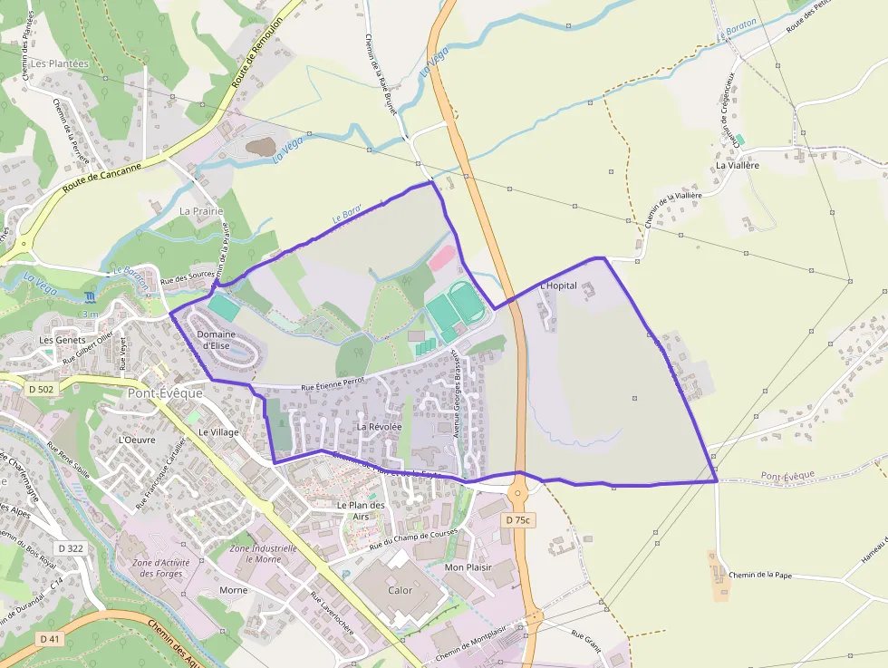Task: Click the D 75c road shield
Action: click(x=519, y=519)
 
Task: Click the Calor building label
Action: click(x=400, y=590)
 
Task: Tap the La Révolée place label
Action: click(x=379, y=426)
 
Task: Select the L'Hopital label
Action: click(x=557, y=286)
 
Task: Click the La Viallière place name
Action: click(x=737, y=166)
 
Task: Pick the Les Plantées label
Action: click(x=60, y=63)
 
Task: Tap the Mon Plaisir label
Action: click(x=468, y=567)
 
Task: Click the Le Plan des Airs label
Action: click(x=361, y=510)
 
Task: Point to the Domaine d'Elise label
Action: click(x=215, y=340)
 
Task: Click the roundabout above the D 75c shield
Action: click(x=519, y=494)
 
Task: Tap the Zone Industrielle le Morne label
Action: click(x=265, y=554)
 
